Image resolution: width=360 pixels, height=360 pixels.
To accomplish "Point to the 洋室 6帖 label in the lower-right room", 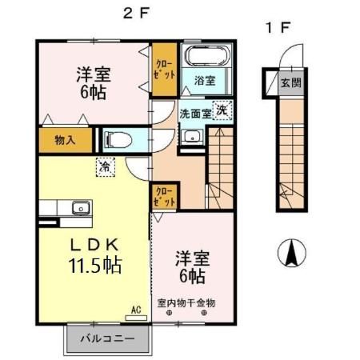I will [190, 266].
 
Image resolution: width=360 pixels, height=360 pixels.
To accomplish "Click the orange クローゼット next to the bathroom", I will [165, 66].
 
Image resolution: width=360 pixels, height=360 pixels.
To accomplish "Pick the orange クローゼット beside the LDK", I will [163, 195].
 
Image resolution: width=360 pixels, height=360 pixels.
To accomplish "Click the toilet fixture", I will [120, 138].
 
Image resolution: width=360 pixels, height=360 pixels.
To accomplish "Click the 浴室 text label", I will [206, 81].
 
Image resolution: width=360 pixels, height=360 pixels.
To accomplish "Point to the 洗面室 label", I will [194, 113].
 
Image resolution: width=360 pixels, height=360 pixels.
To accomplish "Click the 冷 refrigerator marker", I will [106, 166].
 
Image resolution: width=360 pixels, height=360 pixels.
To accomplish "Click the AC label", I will [135, 307].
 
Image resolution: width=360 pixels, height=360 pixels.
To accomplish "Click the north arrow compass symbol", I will [291, 254].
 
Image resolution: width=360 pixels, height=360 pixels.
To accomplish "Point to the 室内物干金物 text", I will [186, 303].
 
